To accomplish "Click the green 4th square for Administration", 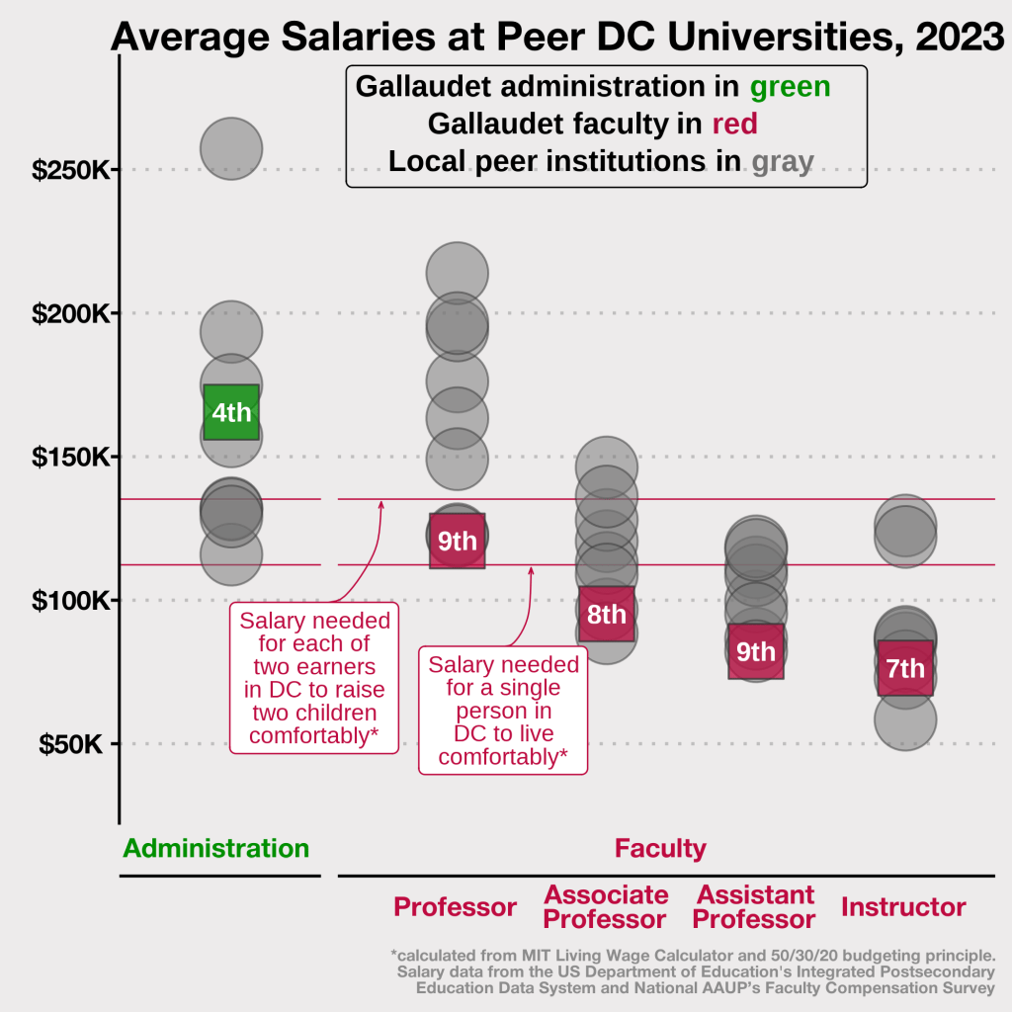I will point(231,412).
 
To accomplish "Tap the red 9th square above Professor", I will point(457,541).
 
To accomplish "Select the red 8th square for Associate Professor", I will point(606,614).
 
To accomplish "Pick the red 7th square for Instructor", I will point(905,668).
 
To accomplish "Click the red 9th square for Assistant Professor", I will point(756,650).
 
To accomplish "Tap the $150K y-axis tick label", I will point(70,458).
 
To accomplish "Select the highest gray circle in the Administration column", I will point(231,149).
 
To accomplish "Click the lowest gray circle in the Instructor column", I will point(905,718).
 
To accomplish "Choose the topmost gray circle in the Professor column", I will point(457,273).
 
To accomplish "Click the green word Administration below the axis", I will point(216,848).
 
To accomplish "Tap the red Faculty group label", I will point(660,848).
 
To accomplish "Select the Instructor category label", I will point(903,907).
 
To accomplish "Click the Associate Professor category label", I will point(606,907).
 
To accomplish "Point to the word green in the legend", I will point(790,87).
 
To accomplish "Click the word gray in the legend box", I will point(782,161).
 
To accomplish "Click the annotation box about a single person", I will point(503,710).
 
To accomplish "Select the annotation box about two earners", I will point(314,678).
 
